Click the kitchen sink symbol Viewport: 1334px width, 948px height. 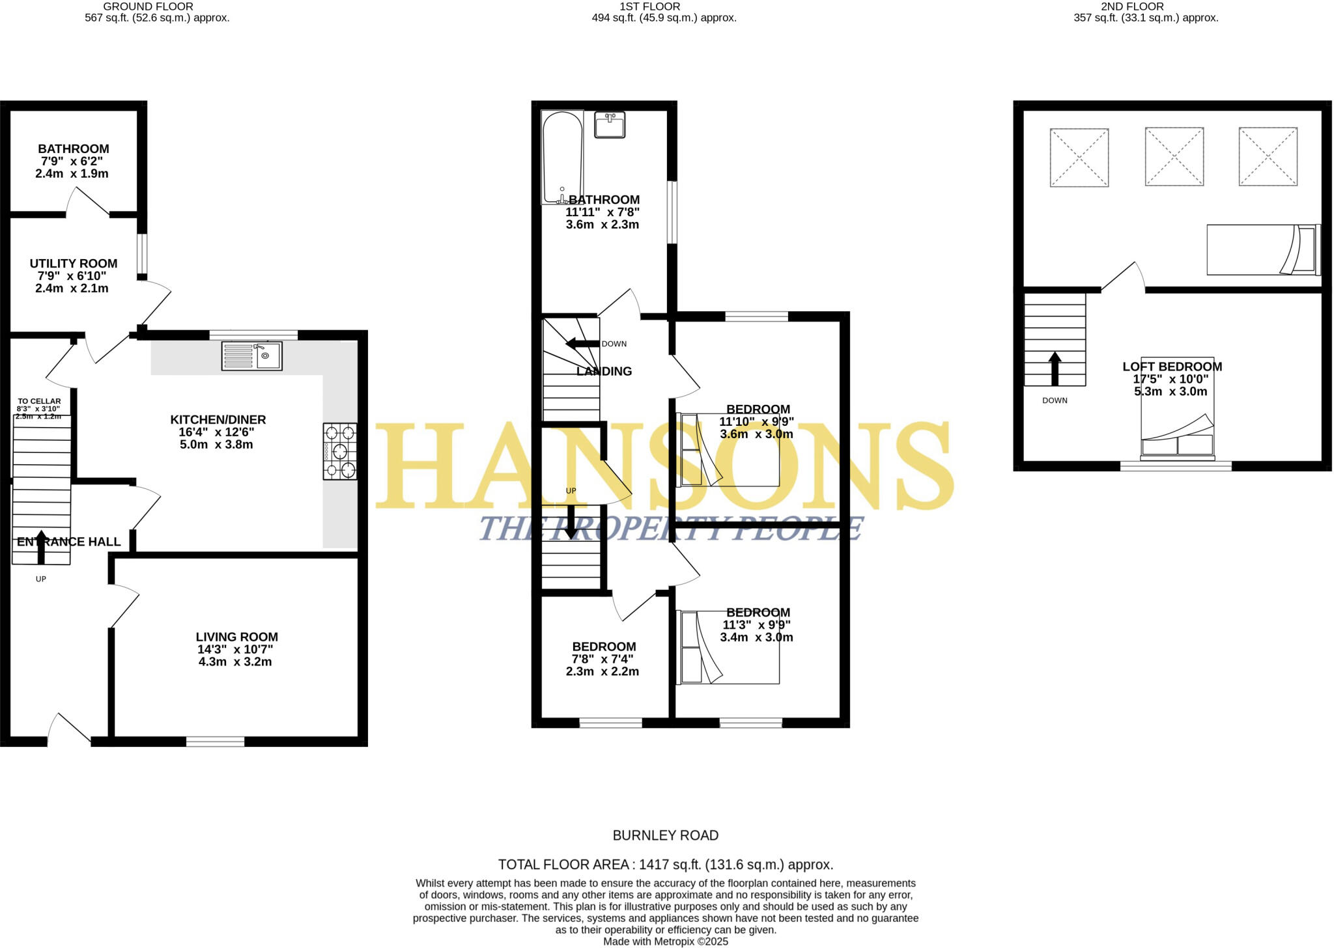coord(251,356)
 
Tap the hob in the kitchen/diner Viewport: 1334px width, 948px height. coord(340,451)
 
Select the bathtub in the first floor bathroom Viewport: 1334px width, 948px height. coord(562,158)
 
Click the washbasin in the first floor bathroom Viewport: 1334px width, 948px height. coord(610,124)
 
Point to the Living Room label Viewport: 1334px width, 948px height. coord(236,637)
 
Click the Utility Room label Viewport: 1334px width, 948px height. coord(74,264)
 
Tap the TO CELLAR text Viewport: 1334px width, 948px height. coord(39,401)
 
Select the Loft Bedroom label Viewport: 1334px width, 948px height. coord(1172,367)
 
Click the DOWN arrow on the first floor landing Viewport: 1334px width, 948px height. coord(582,344)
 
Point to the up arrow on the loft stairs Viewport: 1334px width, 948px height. coord(1055,369)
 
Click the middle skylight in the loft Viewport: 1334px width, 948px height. coord(1174,157)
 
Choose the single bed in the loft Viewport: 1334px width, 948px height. coord(1263,250)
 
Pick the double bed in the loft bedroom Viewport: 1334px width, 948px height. coord(1177,408)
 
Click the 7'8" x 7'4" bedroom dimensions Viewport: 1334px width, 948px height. coord(603,659)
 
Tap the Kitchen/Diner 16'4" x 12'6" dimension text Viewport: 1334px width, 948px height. coord(217,432)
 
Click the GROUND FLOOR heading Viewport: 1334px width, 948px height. coord(148,7)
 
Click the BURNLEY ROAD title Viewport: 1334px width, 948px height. coord(666,835)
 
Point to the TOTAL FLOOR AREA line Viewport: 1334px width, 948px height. coord(666,865)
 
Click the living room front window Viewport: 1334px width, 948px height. coord(215,741)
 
